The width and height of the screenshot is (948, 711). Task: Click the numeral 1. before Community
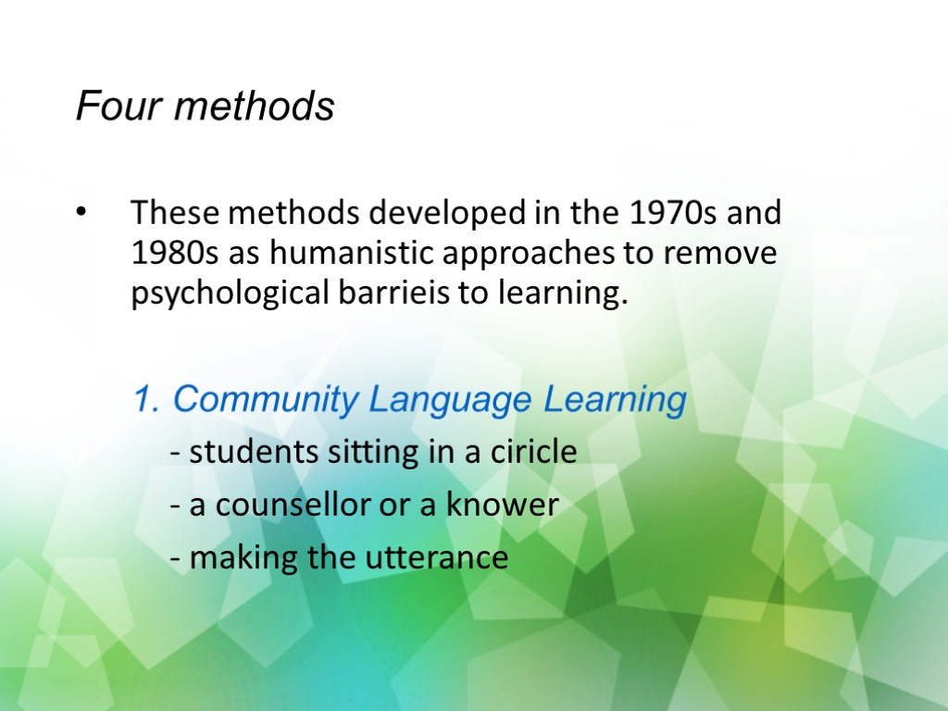(x=147, y=400)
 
